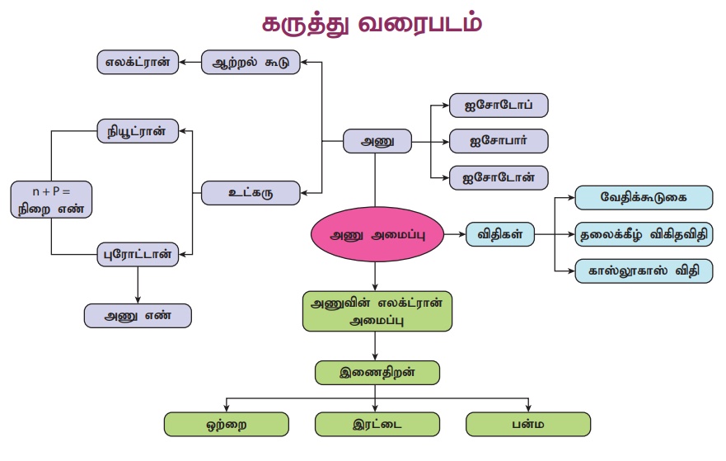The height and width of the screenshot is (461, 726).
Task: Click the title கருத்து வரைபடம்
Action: click(371, 23)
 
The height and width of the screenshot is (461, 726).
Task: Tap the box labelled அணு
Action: click(376, 142)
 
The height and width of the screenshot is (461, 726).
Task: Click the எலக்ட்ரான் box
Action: click(138, 62)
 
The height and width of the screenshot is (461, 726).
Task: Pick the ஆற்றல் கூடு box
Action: click(251, 62)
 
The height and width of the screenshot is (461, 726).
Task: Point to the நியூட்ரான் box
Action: click(138, 130)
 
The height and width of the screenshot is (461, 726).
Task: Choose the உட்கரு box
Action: click(251, 193)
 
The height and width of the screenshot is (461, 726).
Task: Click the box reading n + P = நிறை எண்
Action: click(52, 199)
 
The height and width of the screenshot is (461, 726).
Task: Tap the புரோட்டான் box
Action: click(138, 254)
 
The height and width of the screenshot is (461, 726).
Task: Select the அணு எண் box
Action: click(138, 315)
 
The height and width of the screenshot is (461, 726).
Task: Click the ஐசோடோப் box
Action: click(499, 106)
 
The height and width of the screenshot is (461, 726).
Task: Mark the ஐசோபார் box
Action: click(499, 140)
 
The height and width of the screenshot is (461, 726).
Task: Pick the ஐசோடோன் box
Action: click(499, 176)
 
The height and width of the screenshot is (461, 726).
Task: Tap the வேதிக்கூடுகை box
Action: click(644, 198)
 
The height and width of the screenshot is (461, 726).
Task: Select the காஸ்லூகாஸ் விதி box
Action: click(644, 270)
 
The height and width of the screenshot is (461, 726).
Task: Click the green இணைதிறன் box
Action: click(376, 372)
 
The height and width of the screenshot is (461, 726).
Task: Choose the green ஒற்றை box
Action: click(227, 425)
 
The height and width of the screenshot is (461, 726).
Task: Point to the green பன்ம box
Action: click(527, 425)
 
